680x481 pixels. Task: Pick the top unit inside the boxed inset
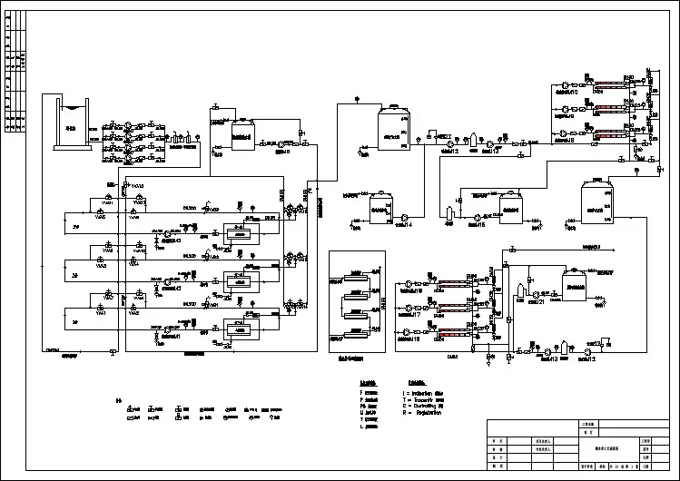point(356,274)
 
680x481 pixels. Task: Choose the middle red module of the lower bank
point(450,308)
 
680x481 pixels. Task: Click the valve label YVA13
point(137,185)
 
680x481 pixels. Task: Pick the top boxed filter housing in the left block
point(239,233)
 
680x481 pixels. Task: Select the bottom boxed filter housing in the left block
point(239,330)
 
